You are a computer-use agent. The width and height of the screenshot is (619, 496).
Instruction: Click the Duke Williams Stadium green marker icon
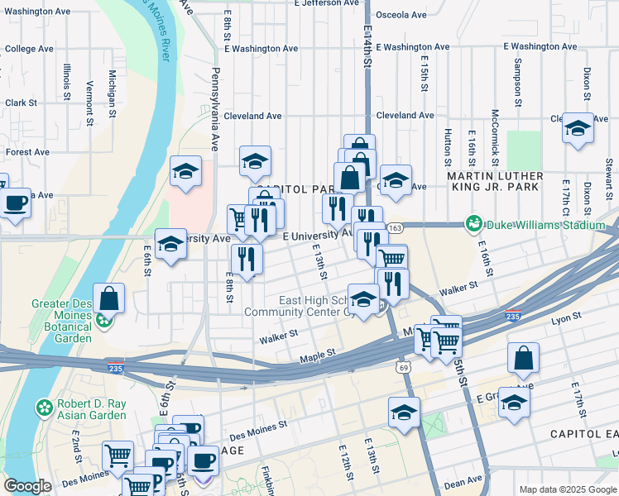pyautogui.click(x=474, y=223)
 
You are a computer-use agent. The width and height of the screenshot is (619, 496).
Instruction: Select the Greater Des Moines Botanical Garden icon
pyautogui.click(x=104, y=320)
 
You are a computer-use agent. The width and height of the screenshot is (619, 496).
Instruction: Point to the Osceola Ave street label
pyautogui.click(x=401, y=15)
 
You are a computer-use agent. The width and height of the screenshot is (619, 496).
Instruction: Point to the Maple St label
pyautogui.click(x=317, y=353)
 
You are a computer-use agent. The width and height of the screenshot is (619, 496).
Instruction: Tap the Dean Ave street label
pyautogui.click(x=468, y=479)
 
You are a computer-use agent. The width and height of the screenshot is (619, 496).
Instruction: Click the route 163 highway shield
pyautogui.click(x=394, y=227)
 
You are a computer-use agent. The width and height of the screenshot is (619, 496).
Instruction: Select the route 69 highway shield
pyautogui.click(x=404, y=366)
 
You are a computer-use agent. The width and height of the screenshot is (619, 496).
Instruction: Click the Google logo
pyautogui.click(x=27, y=486)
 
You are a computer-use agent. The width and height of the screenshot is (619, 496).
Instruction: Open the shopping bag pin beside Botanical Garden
pyautogui.click(x=108, y=298)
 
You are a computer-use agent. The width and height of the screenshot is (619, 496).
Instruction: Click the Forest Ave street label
pyautogui.click(x=27, y=152)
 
